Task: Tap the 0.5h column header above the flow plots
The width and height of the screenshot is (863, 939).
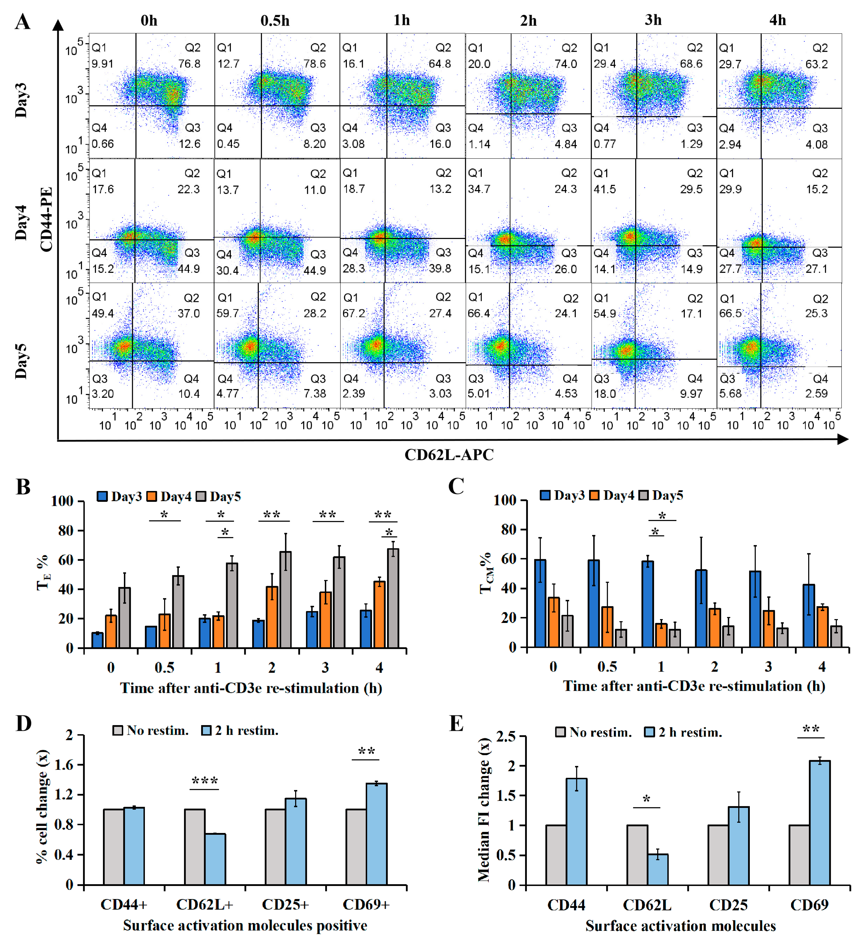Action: [x=275, y=20]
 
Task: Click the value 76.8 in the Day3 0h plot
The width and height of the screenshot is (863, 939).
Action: [x=189, y=64]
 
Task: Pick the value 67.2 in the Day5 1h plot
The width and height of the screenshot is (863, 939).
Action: [x=354, y=313]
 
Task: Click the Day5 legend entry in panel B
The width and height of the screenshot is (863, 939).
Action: [x=219, y=497]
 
